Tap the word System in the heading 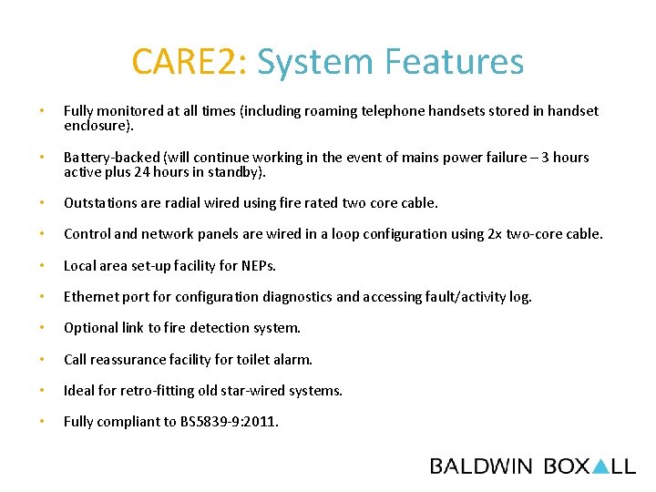(x=316, y=62)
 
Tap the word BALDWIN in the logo (x=481, y=466)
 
